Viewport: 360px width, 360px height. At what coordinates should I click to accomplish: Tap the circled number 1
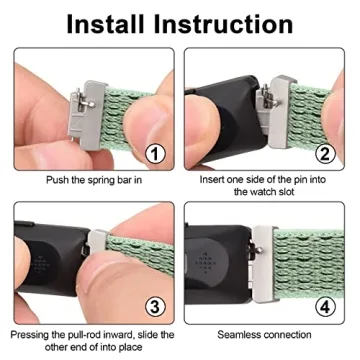point(153,154)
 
